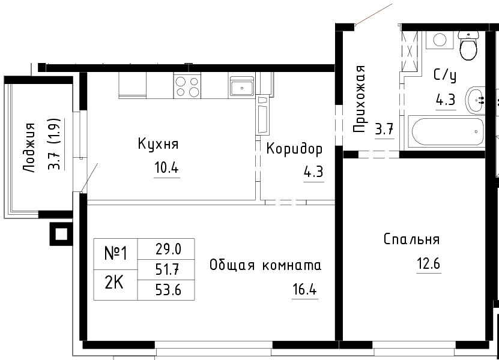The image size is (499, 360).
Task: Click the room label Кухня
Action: click(158, 144)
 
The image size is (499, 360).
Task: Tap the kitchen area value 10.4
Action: click(166, 167)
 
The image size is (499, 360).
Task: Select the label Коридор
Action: click(294, 149)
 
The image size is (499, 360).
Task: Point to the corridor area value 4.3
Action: click(313, 172)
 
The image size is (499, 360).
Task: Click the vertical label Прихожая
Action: click(359, 99)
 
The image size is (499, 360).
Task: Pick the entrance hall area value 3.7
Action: click(384, 130)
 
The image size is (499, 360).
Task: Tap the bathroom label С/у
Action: click(445, 76)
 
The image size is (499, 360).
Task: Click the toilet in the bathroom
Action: click(468, 46)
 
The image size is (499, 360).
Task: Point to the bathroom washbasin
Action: click(475, 100)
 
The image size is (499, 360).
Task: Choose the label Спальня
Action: click(411, 239)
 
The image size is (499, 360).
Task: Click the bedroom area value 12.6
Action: click(429, 263)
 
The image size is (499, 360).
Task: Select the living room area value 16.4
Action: click(305, 289)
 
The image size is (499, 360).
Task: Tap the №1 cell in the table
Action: click(115, 254)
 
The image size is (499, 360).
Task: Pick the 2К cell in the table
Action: click(115, 285)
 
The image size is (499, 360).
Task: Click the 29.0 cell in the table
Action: click(166, 249)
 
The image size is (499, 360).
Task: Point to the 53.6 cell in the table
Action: click(166, 290)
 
